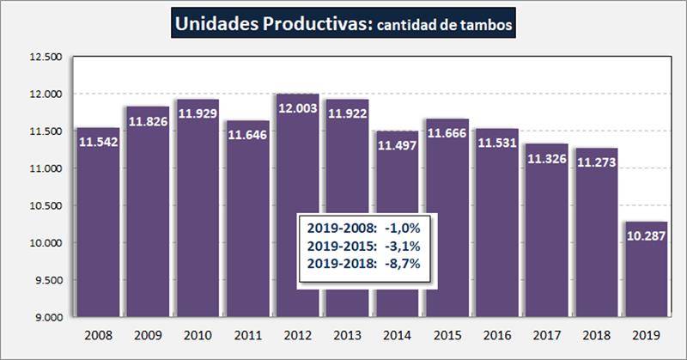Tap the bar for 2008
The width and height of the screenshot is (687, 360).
[x=98, y=223]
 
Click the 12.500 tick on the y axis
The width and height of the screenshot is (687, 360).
[x=48, y=58]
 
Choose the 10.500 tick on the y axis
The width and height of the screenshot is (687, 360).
[x=48, y=206]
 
